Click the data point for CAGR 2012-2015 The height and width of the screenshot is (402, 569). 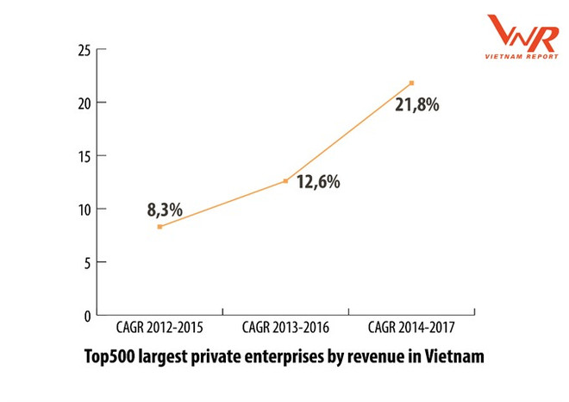159,226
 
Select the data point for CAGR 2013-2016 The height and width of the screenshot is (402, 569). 285,181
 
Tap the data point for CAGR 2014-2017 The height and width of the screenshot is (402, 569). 412,83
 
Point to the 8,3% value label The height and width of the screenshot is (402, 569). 164,210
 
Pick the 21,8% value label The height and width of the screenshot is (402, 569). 417,105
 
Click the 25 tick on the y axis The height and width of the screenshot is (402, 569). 84,50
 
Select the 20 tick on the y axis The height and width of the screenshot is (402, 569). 84,103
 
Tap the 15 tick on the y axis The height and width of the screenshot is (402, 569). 84,156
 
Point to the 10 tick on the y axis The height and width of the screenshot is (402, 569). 84,209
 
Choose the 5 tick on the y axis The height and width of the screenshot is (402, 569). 87,262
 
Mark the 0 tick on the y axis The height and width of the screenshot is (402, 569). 87,316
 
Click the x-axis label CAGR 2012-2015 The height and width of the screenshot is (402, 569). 159,328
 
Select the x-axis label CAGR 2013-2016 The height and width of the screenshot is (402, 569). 285,328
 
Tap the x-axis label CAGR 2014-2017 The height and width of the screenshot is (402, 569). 411,328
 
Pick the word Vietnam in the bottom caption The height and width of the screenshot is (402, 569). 455,355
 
